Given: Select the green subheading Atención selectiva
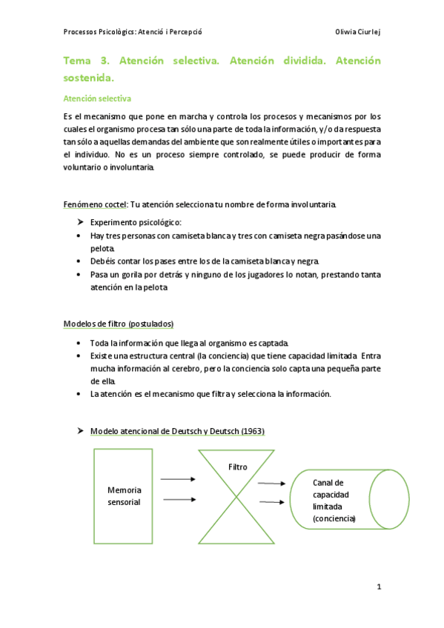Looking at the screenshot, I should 97,98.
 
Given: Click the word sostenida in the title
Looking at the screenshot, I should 89,76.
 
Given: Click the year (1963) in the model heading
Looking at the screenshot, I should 248,431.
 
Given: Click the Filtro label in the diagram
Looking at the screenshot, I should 238,467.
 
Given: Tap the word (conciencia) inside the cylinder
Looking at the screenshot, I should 334,518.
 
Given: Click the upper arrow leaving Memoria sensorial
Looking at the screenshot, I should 178,480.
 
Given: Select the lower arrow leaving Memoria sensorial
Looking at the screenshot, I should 178,499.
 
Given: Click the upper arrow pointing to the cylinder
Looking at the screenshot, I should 272,484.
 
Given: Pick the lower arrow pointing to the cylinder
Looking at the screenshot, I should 272,502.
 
